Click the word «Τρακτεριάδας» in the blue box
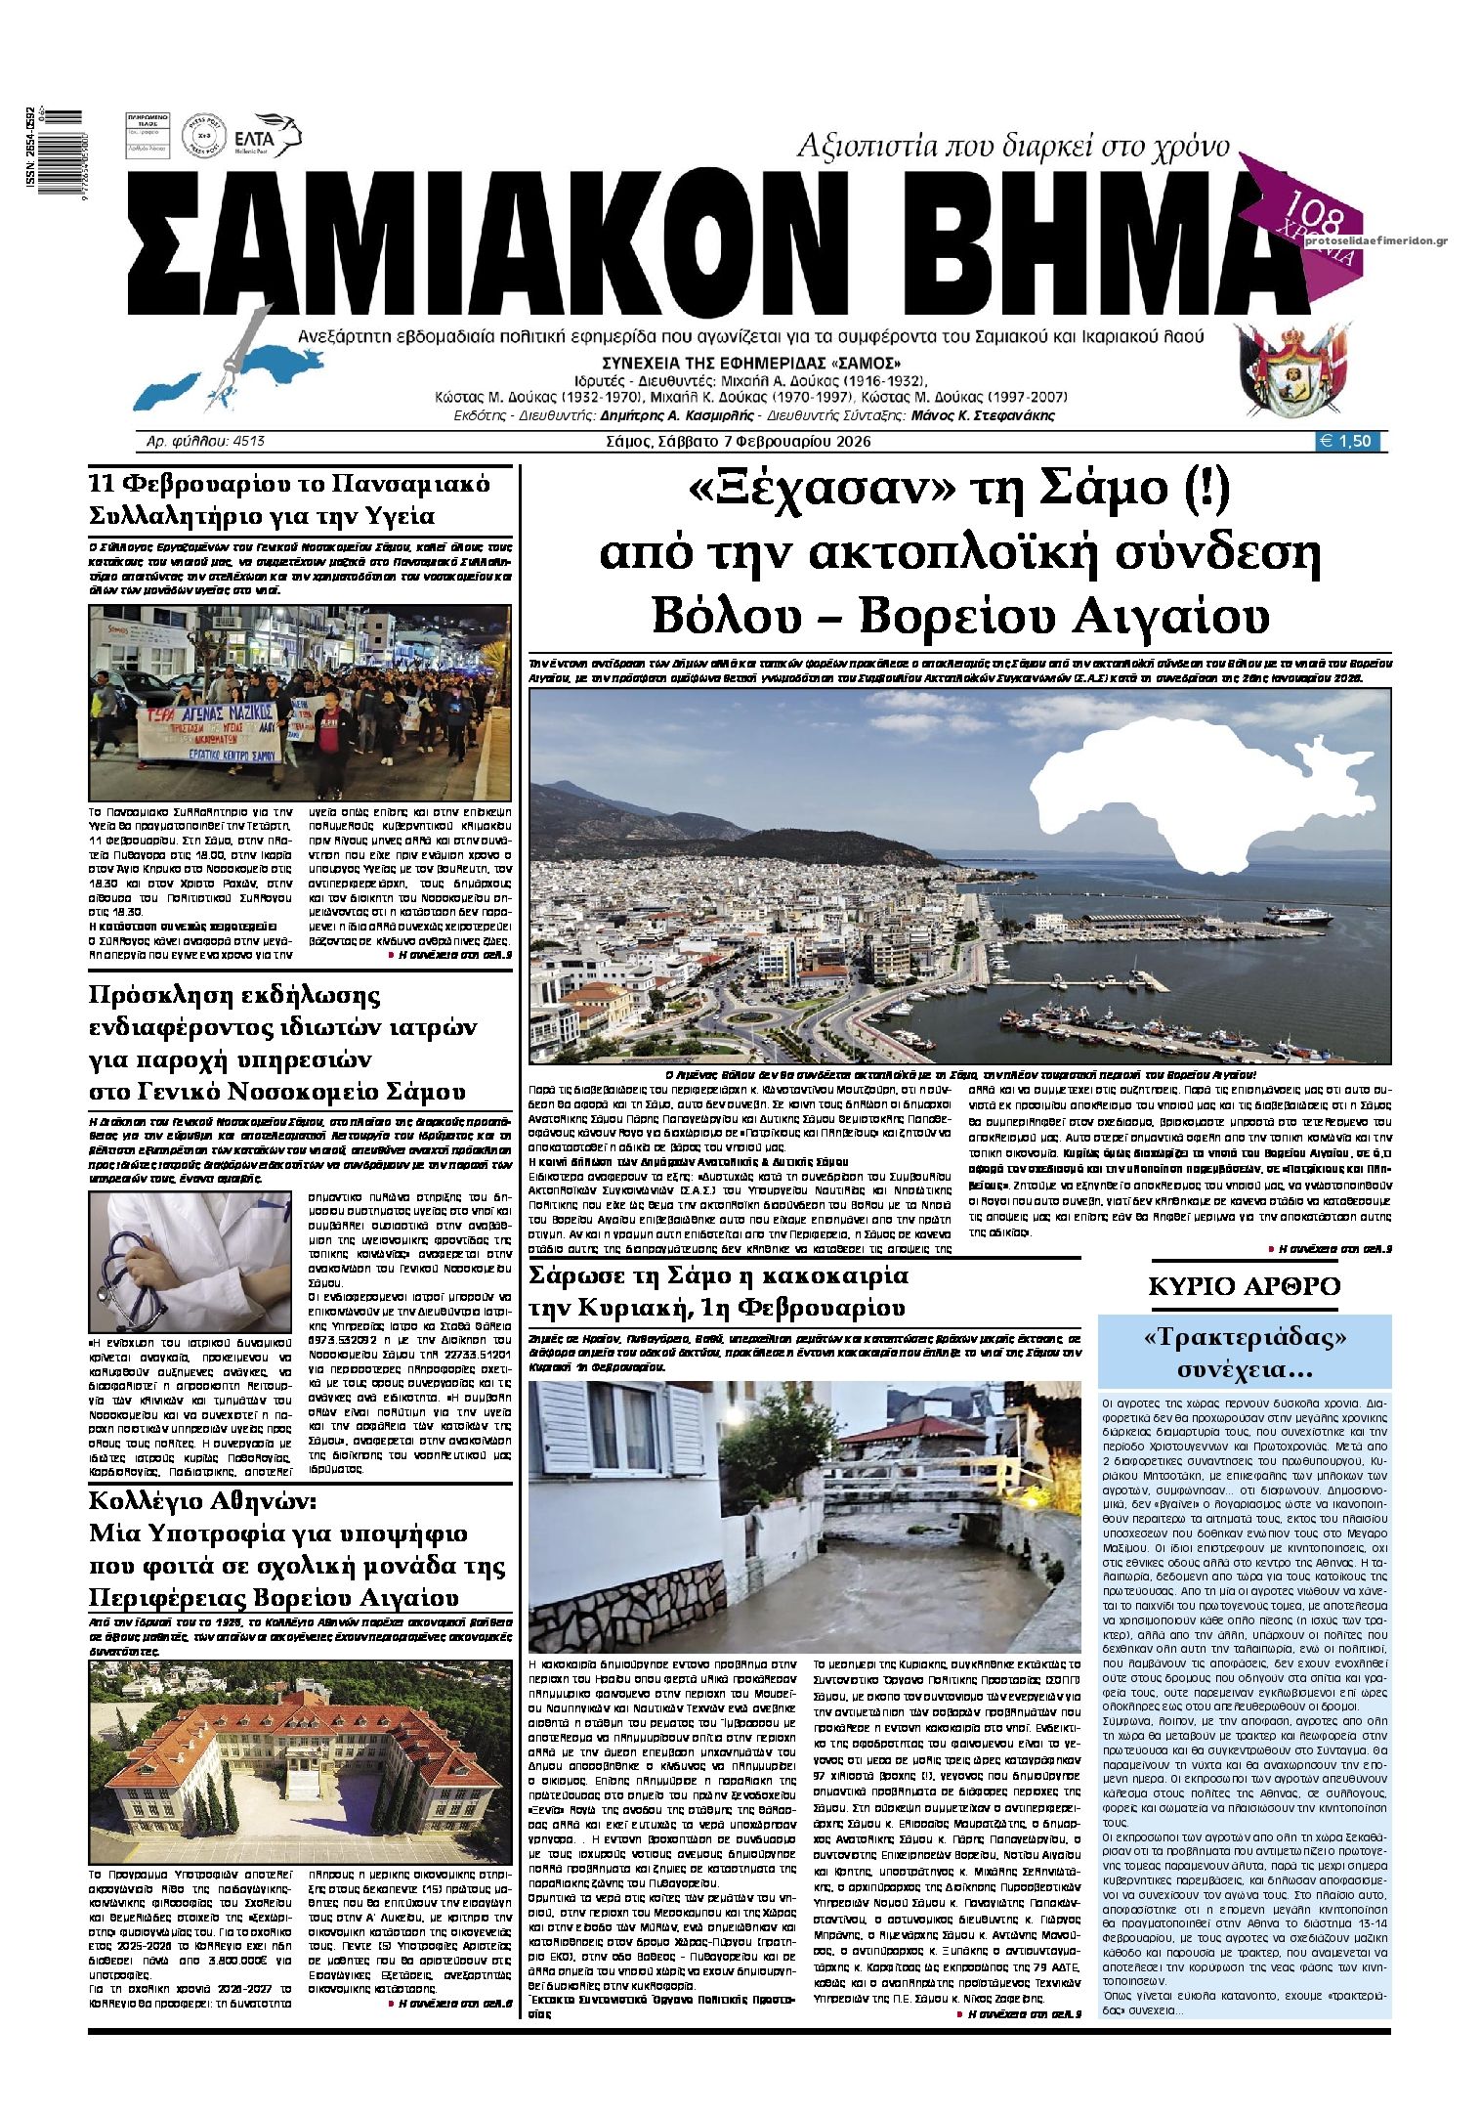tap(1245, 1336)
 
